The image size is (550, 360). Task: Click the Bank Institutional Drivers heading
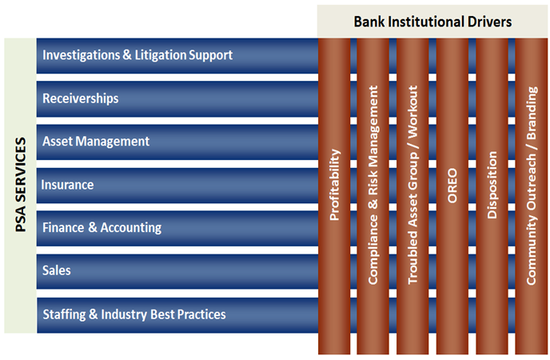[432, 22]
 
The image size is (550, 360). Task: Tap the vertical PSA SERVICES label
[21, 185]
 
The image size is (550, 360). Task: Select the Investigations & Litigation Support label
[137, 55]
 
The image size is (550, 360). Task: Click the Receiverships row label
[80, 98]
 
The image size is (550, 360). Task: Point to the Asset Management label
[96, 142]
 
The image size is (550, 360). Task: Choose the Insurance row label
[67, 185]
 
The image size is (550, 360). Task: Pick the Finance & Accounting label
[102, 228]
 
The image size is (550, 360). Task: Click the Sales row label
[57, 270]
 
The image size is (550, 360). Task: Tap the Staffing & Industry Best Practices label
[134, 314]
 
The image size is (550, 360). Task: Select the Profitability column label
[335, 185]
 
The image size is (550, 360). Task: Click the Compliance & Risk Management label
[373, 185]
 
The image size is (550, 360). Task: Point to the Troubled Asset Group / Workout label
[412, 185]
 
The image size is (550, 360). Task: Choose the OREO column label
[452, 186]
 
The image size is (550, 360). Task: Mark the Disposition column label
[492, 185]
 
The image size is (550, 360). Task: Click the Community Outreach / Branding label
[532, 186]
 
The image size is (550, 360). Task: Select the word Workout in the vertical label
[412, 111]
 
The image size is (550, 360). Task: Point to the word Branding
[532, 113]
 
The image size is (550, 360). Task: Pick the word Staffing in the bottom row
[64, 314]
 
